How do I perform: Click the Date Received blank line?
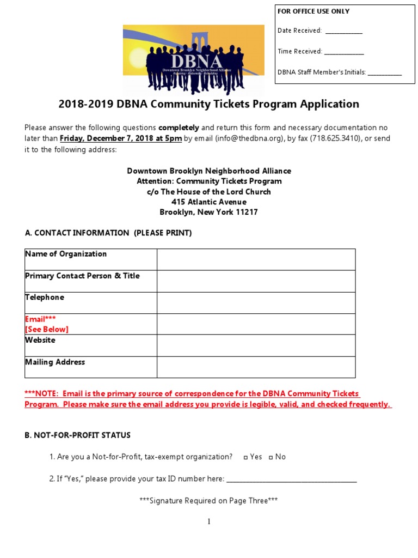pos(343,32)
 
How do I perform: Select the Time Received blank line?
pos(344,52)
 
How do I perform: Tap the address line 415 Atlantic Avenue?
pos(208,202)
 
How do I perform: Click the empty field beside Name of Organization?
pos(256,259)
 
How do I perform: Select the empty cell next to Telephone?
pos(256,302)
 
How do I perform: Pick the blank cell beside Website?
pos(256,345)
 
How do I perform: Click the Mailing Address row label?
pos(55,362)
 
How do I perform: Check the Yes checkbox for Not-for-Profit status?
pos(246,457)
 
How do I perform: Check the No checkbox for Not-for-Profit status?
pos(271,457)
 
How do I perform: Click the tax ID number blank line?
pos(291,480)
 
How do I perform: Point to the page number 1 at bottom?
pos(209,522)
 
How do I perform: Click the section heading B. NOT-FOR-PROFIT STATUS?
pos(78,435)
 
